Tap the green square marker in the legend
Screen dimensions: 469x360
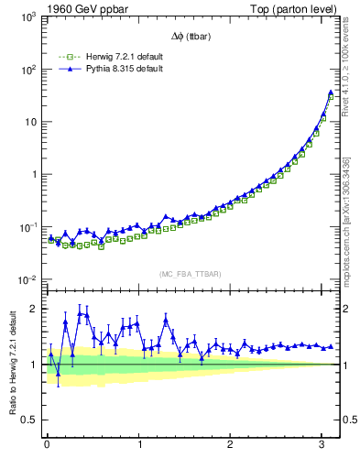(x=65, y=57)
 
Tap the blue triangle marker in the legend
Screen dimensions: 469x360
(x=65, y=68)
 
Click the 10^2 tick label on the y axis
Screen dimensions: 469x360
(x=27, y=70)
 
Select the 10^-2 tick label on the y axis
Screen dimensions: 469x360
(x=27, y=280)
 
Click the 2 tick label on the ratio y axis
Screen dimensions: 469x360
(x=34, y=309)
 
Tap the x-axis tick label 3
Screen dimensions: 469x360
(x=322, y=445)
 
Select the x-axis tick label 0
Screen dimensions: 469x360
(x=47, y=445)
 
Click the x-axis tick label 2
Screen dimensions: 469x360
(x=230, y=445)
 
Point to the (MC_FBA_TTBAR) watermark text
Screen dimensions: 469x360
(x=190, y=273)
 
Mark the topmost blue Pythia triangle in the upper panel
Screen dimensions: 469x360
(x=331, y=93)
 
